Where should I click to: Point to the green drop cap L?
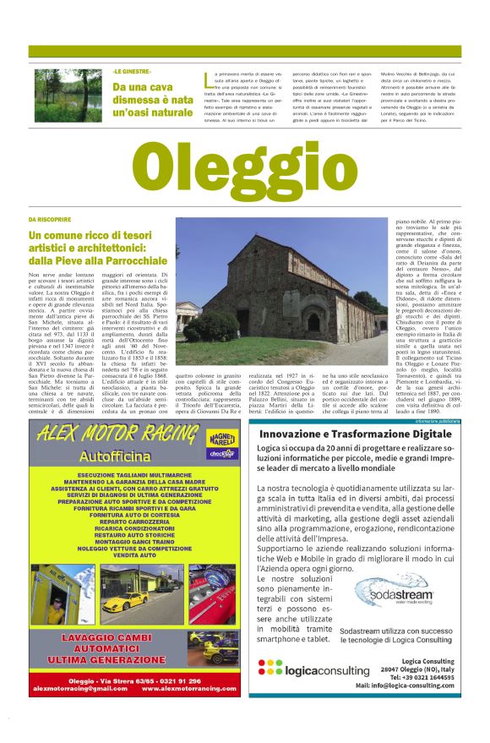click(x=207, y=80)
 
